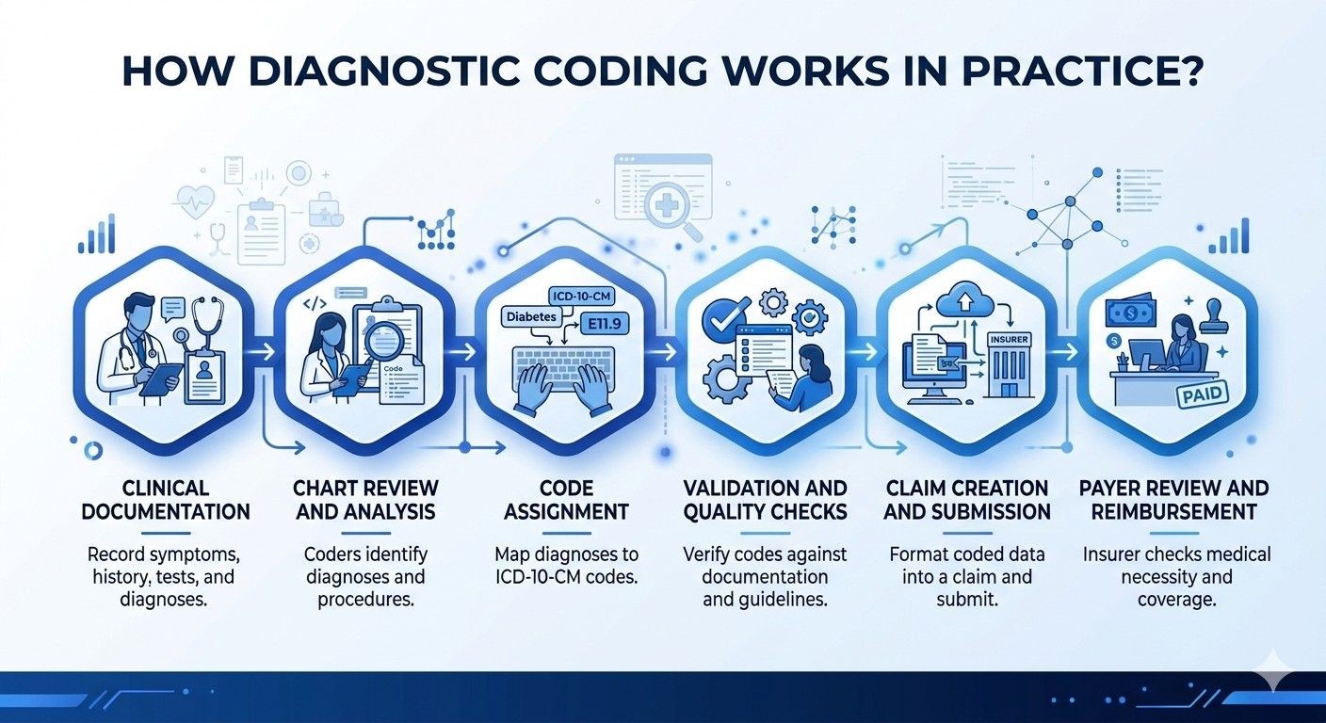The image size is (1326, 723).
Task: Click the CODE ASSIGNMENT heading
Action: tap(567, 500)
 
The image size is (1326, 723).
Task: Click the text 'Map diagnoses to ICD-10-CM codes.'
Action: tap(567, 565)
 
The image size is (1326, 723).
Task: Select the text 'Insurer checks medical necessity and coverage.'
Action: tap(1176, 576)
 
